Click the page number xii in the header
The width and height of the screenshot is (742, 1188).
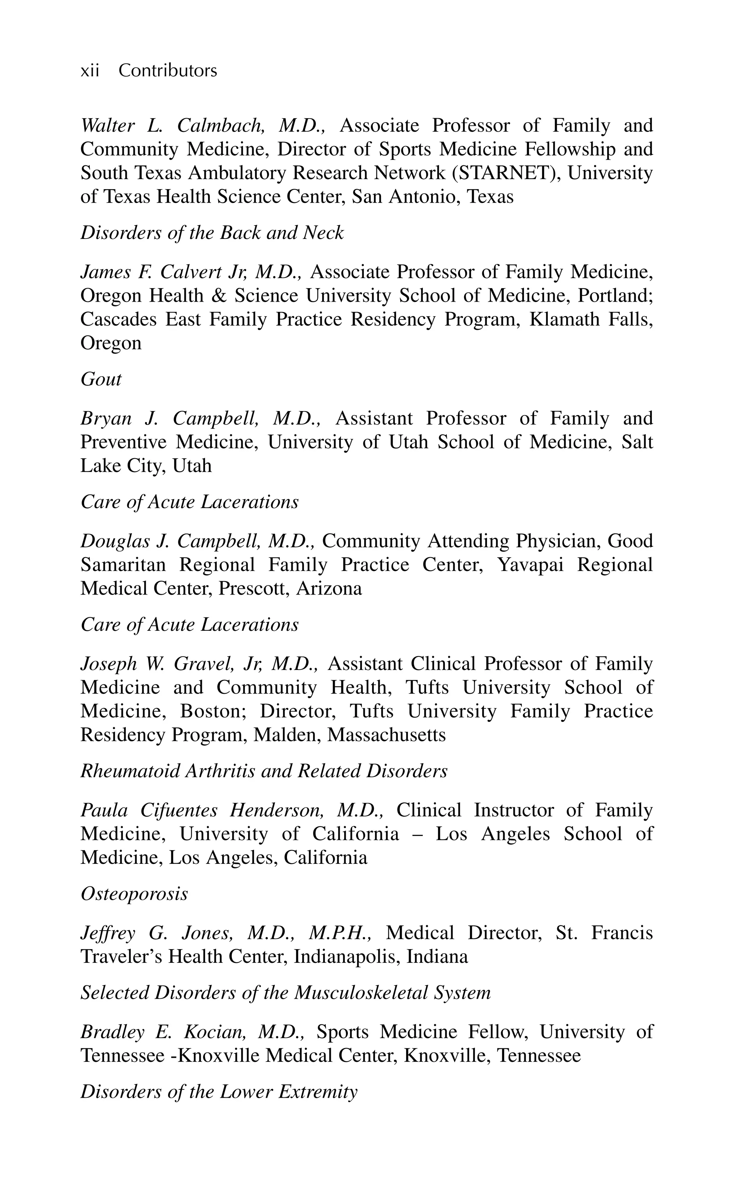point(89,71)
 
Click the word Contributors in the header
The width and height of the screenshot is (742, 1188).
point(167,71)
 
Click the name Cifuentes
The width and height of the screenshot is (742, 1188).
point(179,810)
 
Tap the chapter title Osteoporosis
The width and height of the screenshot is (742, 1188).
point(134,894)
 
